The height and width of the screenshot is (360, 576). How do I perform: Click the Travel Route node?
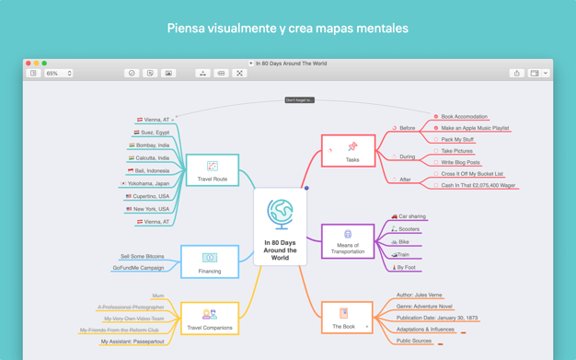pos(213,170)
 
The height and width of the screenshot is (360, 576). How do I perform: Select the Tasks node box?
pos(348,150)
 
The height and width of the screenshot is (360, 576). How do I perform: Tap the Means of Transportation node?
pos(348,241)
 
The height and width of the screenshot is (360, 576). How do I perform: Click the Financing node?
pos(210,261)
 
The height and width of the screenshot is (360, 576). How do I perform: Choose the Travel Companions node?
pos(210,319)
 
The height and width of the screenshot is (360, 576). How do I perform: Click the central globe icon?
pos(280,214)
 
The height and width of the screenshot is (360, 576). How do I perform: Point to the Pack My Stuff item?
pos(457,140)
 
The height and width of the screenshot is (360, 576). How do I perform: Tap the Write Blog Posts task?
pos(460,162)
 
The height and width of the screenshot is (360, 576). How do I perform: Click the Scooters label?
pos(409,229)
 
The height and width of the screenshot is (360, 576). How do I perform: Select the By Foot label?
pos(407,268)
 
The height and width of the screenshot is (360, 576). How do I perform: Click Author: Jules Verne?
pos(419,296)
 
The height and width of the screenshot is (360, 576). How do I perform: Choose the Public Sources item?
pos(414,341)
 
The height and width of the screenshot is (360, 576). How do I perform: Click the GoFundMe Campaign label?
pos(138,268)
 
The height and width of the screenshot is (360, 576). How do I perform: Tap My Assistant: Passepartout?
pos(132,342)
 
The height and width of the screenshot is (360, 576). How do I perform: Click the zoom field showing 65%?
pos(57,73)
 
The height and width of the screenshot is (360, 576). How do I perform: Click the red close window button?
pos(29,64)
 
